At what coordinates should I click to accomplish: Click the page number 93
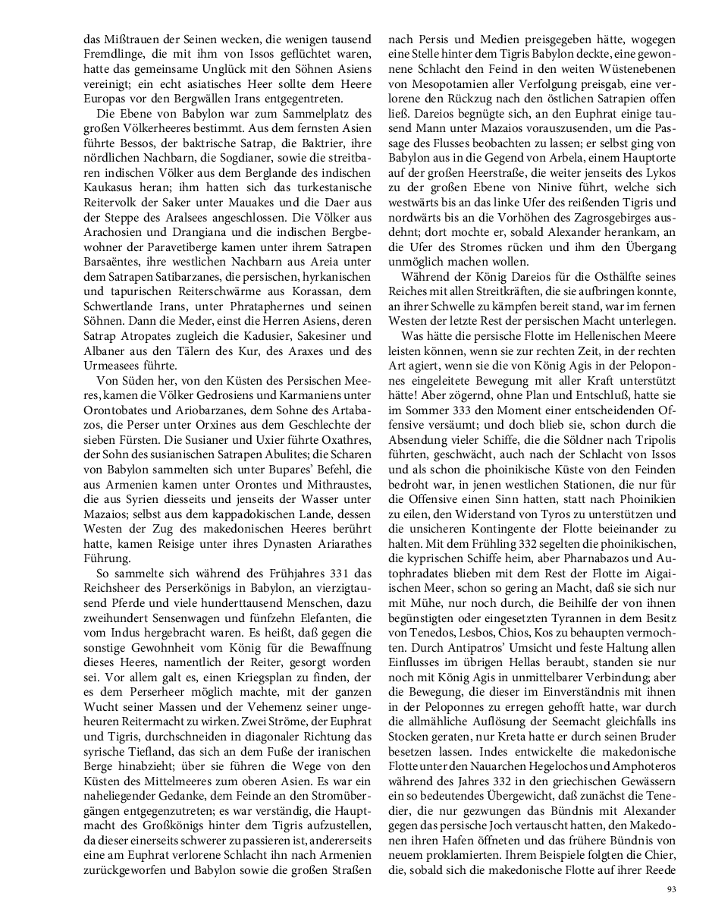click(670, 889)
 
